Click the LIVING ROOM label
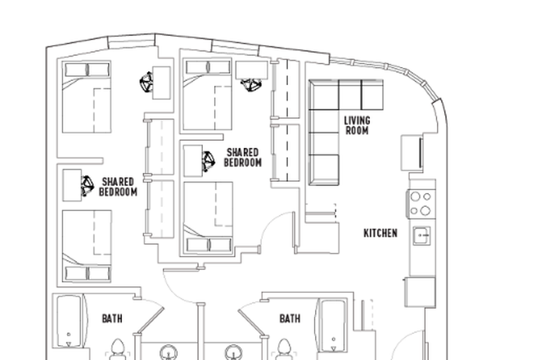(x=357, y=125)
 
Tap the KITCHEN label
(x=380, y=233)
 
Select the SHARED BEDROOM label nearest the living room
(x=243, y=158)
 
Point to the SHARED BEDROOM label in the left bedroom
(x=118, y=187)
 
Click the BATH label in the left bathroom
(x=112, y=318)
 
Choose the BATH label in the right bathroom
(x=290, y=318)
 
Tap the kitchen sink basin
(x=421, y=236)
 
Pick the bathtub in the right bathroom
(x=331, y=324)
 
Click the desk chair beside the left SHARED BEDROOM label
(x=86, y=187)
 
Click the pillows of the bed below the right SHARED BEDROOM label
(x=208, y=245)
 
